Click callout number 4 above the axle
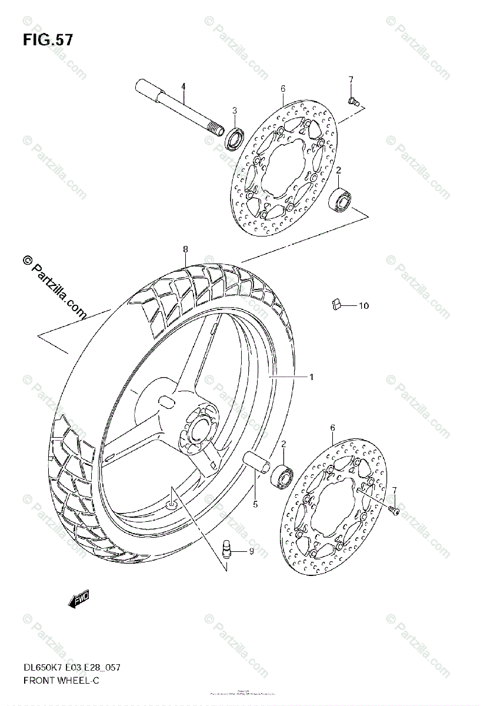[x=183, y=86]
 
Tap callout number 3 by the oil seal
[x=218, y=110]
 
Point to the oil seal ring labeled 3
[x=235, y=139]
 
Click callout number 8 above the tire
[x=185, y=249]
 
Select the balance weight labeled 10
[x=335, y=304]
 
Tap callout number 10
[x=363, y=306]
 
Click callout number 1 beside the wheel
[x=311, y=377]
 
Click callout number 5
[x=255, y=504]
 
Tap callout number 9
[x=251, y=551]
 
